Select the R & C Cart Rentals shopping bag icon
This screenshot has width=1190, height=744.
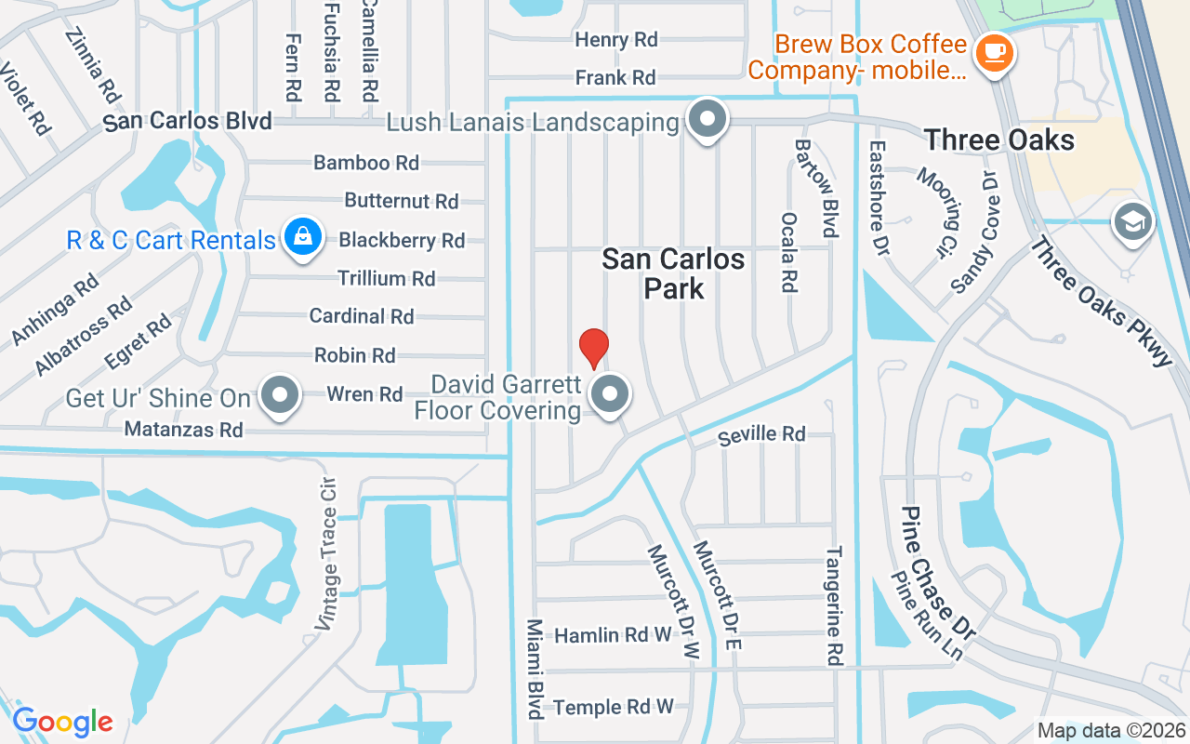pos(303,239)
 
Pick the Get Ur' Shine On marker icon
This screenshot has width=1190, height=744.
pos(280,397)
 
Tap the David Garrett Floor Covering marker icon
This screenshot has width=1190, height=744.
pos(610,394)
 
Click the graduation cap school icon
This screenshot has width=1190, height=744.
pos(1133,222)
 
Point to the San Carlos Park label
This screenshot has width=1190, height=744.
pos(673,273)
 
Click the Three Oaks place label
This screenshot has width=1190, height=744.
pos(999,140)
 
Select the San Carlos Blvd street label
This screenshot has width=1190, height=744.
pos(188,122)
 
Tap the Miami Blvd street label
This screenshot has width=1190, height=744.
pos(535,669)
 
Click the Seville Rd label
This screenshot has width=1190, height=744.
pos(762,434)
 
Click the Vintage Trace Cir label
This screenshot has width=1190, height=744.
pos(326,555)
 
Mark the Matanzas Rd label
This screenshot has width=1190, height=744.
pos(184,430)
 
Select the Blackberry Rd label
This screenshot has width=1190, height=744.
pos(402,240)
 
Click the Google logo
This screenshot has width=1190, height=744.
pos(62,722)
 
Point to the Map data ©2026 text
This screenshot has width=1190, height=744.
pos(1111,731)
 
